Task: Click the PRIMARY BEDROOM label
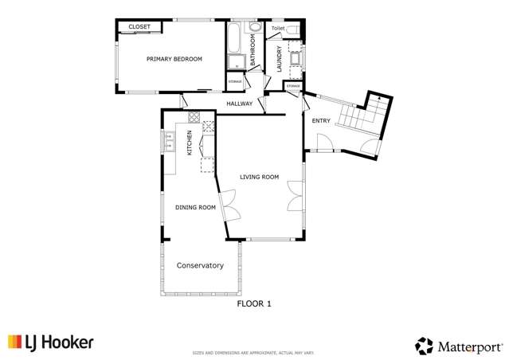click(174, 59)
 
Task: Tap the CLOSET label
click(139, 26)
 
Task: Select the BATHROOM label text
click(253, 50)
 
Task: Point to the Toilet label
click(277, 29)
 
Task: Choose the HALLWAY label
click(239, 104)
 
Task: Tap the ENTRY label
click(321, 120)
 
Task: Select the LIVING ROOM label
click(259, 177)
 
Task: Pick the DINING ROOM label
click(196, 207)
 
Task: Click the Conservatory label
click(200, 265)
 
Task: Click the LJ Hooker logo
click(51, 342)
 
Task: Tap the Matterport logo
click(459, 346)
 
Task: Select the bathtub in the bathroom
click(237, 40)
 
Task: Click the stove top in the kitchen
click(209, 126)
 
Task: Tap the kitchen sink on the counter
click(169, 142)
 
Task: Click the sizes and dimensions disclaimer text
click(254, 352)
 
